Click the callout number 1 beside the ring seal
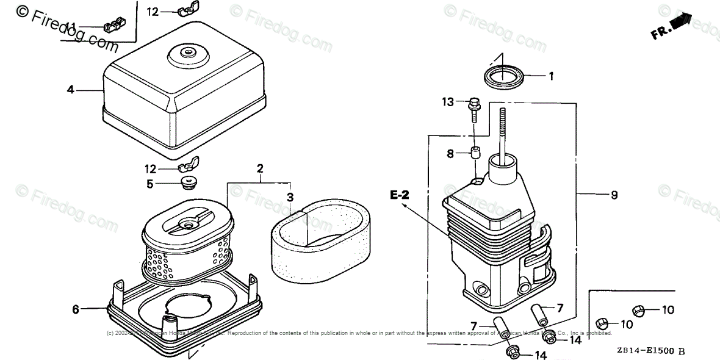[x=550, y=76]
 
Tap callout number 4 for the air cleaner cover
[x=71, y=90]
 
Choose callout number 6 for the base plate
[x=76, y=309]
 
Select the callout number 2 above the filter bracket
[x=260, y=168]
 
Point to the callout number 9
[x=614, y=195]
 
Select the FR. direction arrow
[x=671, y=26]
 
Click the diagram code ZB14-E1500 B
[x=650, y=351]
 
